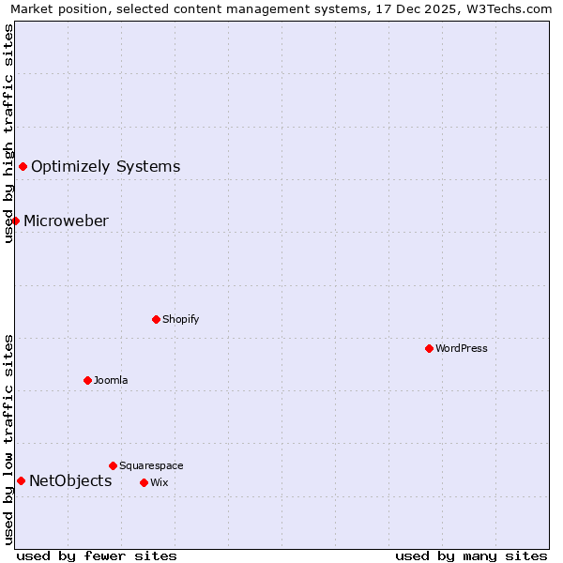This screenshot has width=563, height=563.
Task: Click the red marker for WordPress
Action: click(429, 348)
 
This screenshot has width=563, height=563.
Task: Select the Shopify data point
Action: click(156, 319)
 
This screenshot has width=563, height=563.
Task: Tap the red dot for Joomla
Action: click(87, 380)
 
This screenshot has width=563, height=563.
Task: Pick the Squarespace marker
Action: click(113, 465)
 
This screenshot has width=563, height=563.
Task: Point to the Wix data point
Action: click(144, 482)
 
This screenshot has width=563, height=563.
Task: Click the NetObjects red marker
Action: click(21, 480)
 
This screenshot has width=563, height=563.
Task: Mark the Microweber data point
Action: click(15, 221)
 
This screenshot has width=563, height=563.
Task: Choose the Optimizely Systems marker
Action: click(23, 166)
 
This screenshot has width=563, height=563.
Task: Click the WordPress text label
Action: click(462, 348)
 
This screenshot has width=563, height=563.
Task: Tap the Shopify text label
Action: click(181, 319)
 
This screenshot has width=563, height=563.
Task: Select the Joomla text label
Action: click(111, 380)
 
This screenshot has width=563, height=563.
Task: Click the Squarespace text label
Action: click(151, 465)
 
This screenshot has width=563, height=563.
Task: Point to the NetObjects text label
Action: click(70, 480)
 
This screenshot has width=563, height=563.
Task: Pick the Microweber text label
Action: click(66, 221)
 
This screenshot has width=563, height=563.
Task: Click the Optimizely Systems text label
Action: click(105, 166)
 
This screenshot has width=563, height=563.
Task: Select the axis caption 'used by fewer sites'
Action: click(97, 555)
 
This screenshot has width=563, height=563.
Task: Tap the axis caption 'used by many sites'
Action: click(471, 555)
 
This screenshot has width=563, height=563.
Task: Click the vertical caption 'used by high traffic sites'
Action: click(8, 133)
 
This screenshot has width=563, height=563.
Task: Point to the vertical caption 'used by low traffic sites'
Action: click(8, 439)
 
